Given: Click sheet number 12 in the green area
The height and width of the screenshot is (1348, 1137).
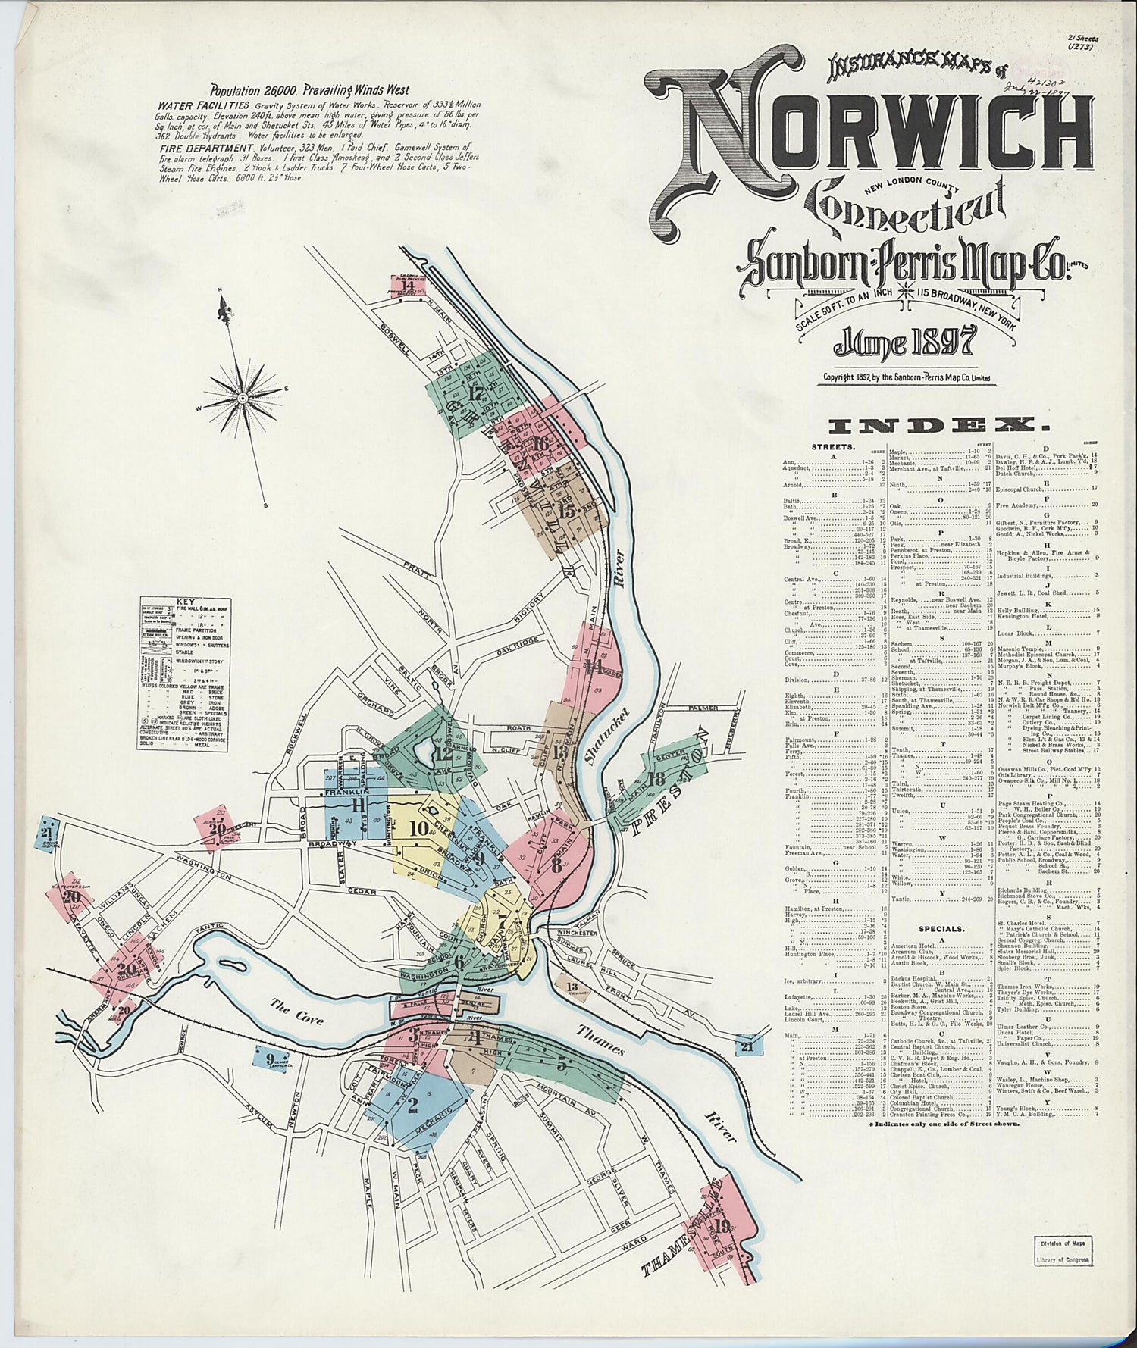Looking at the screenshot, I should click(x=443, y=753).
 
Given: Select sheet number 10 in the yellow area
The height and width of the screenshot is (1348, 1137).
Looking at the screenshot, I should click(x=418, y=828).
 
